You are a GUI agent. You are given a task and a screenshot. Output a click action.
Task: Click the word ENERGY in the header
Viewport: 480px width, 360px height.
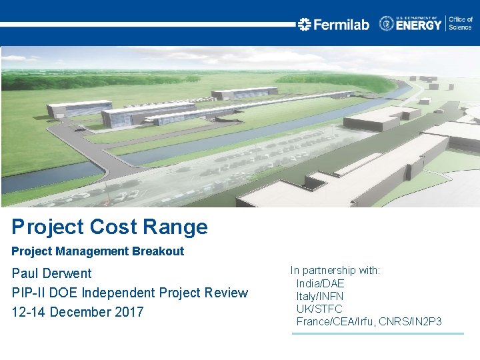click(x=419, y=25)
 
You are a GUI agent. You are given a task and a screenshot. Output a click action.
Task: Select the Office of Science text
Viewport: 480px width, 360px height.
click(x=460, y=24)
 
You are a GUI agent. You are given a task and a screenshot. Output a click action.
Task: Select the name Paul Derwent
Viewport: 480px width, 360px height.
click(x=52, y=273)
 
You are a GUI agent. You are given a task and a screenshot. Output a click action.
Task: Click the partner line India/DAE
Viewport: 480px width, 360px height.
click(x=320, y=283)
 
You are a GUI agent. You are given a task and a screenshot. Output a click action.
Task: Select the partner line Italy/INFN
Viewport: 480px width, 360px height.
click(x=320, y=296)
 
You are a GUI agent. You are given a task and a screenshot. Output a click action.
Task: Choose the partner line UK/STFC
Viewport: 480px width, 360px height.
click(x=319, y=309)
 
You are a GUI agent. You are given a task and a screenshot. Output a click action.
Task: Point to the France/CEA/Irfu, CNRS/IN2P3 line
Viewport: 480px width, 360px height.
click(x=369, y=322)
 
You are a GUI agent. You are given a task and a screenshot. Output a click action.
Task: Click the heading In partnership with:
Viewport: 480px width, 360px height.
click(x=335, y=271)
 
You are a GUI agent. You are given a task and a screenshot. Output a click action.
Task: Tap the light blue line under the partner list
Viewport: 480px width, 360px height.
click(x=377, y=333)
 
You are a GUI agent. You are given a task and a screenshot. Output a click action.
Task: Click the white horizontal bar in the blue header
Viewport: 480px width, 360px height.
click(x=147, y=24)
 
